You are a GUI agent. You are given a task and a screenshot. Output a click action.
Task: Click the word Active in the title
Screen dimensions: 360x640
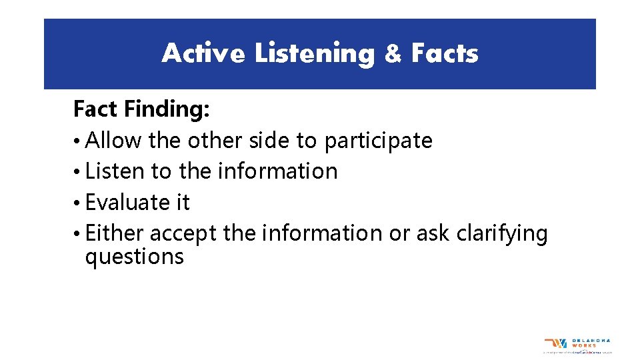pos(203,53)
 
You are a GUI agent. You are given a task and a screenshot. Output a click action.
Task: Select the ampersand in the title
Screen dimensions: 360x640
pos(393,54)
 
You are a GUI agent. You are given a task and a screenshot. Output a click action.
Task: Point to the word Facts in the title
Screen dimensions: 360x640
pos(445,53)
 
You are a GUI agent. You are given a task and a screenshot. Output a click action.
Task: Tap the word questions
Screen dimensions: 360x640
pos(134,257)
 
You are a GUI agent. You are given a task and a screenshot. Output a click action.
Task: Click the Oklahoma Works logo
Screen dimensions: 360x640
pos(577,345)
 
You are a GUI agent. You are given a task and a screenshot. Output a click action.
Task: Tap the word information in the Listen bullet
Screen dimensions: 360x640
pos(277,171)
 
